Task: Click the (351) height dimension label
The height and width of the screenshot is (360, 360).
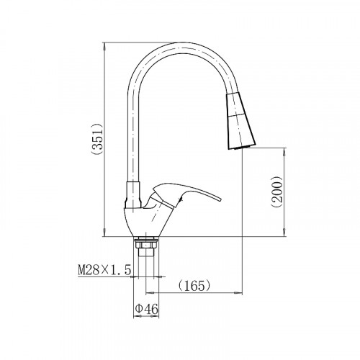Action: click(97, 139)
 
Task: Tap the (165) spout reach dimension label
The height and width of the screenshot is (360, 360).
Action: click(194, 286)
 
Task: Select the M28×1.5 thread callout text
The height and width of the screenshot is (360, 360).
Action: click(104, 271)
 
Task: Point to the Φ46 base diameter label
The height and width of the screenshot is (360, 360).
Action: click(147, 309)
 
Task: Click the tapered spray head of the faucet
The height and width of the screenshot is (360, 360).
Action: click(240, 122)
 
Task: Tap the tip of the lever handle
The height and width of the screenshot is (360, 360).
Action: click(220, 199)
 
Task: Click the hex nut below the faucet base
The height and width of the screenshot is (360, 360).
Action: click(146, 245)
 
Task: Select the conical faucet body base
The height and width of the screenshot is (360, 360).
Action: click(148, 222)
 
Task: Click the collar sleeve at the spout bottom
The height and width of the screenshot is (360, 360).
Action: click(133, 194)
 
